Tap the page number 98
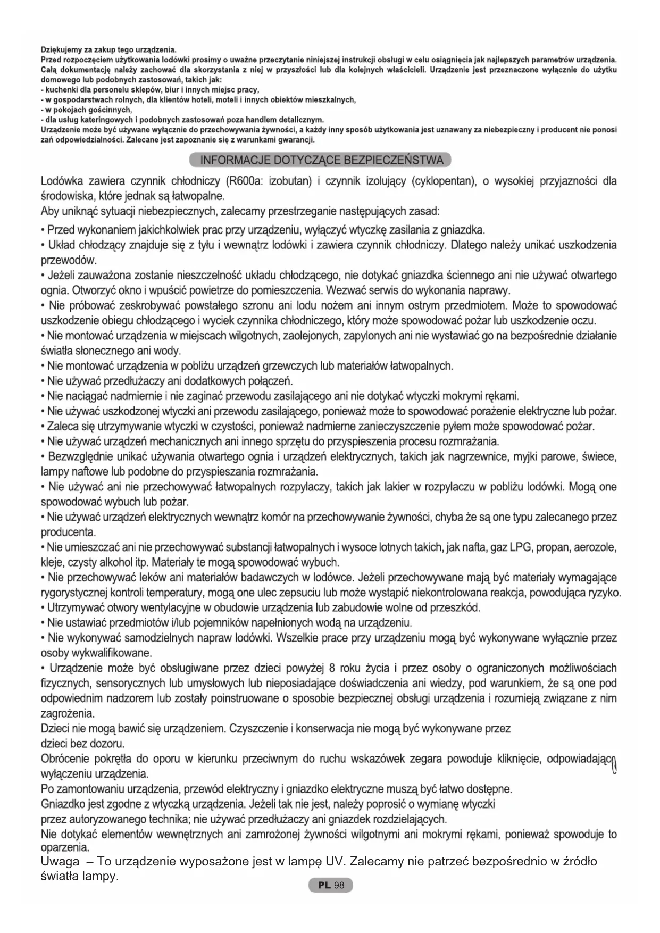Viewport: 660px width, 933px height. tap(340, 885)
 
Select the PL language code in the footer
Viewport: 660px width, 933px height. tap(324, 885)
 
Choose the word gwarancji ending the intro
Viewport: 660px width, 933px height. tap(300, 140)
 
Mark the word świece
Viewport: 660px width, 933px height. tap(598, 457)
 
